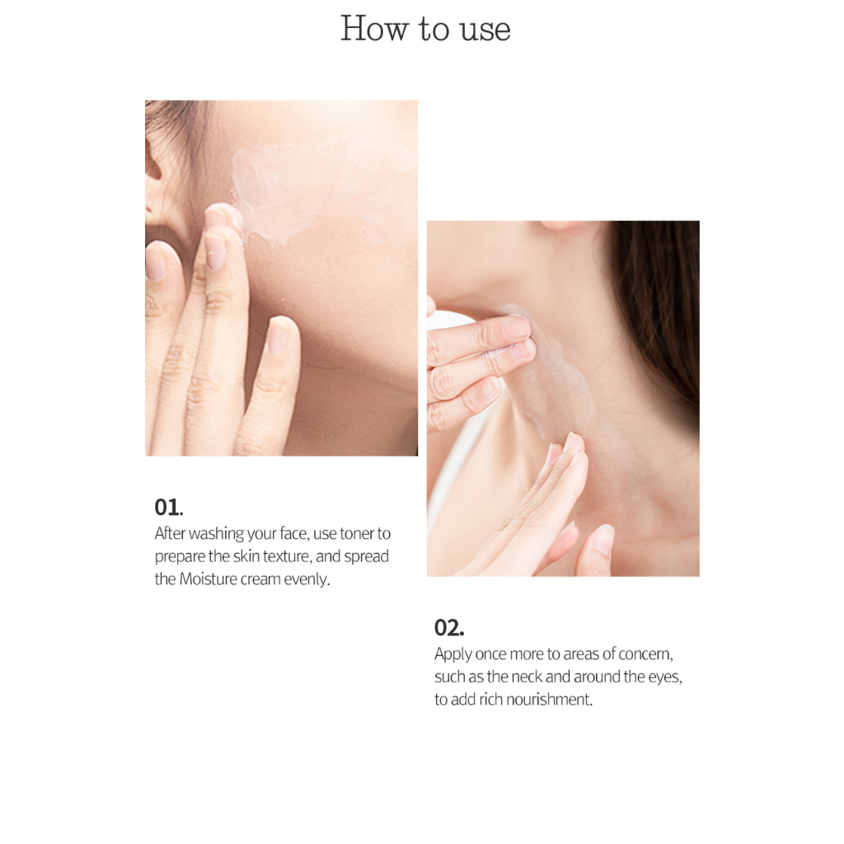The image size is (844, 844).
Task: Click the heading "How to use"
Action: click(x=425, y=29)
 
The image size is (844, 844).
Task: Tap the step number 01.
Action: click(x=168, y=507)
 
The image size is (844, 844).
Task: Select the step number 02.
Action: click(x=449, y=627)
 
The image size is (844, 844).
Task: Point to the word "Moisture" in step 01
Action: click(x=209, y=579)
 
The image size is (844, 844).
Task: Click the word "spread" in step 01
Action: click(x=367, y=556)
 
